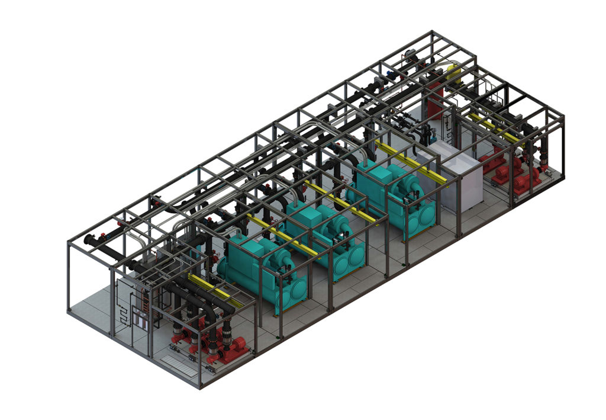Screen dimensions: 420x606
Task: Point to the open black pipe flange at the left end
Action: [89, 241]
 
